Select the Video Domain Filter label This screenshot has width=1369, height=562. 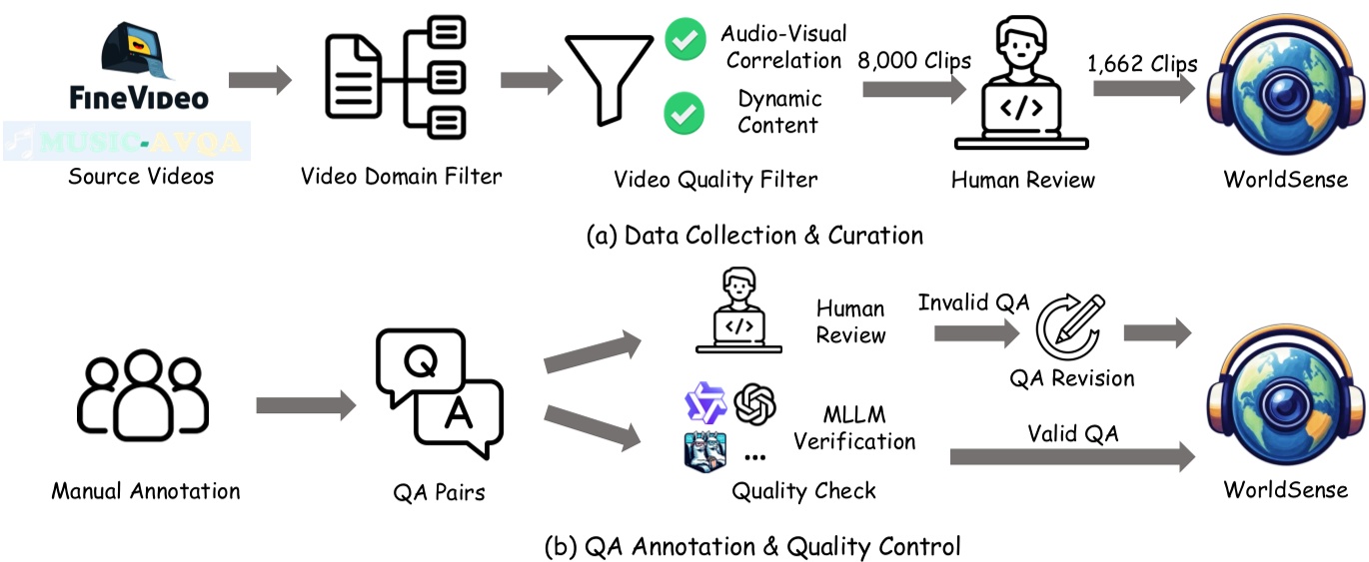(x=401, y=177)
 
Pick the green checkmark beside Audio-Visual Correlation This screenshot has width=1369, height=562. (x=685, y=43)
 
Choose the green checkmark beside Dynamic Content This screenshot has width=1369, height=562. (x=685, y=113)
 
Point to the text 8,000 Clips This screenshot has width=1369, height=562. (x=913, y=61)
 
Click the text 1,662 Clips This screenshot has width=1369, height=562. (x=1142, y=64)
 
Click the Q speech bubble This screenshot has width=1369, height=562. (x=421, y=365)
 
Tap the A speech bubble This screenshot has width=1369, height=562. (x=459, y=416)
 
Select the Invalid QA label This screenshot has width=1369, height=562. (x=973, y=302)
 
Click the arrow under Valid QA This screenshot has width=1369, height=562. (x=1071, y=457)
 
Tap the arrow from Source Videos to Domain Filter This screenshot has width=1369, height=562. (x=261, y=81)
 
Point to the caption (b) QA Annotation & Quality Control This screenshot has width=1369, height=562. (x=751, y=546)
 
